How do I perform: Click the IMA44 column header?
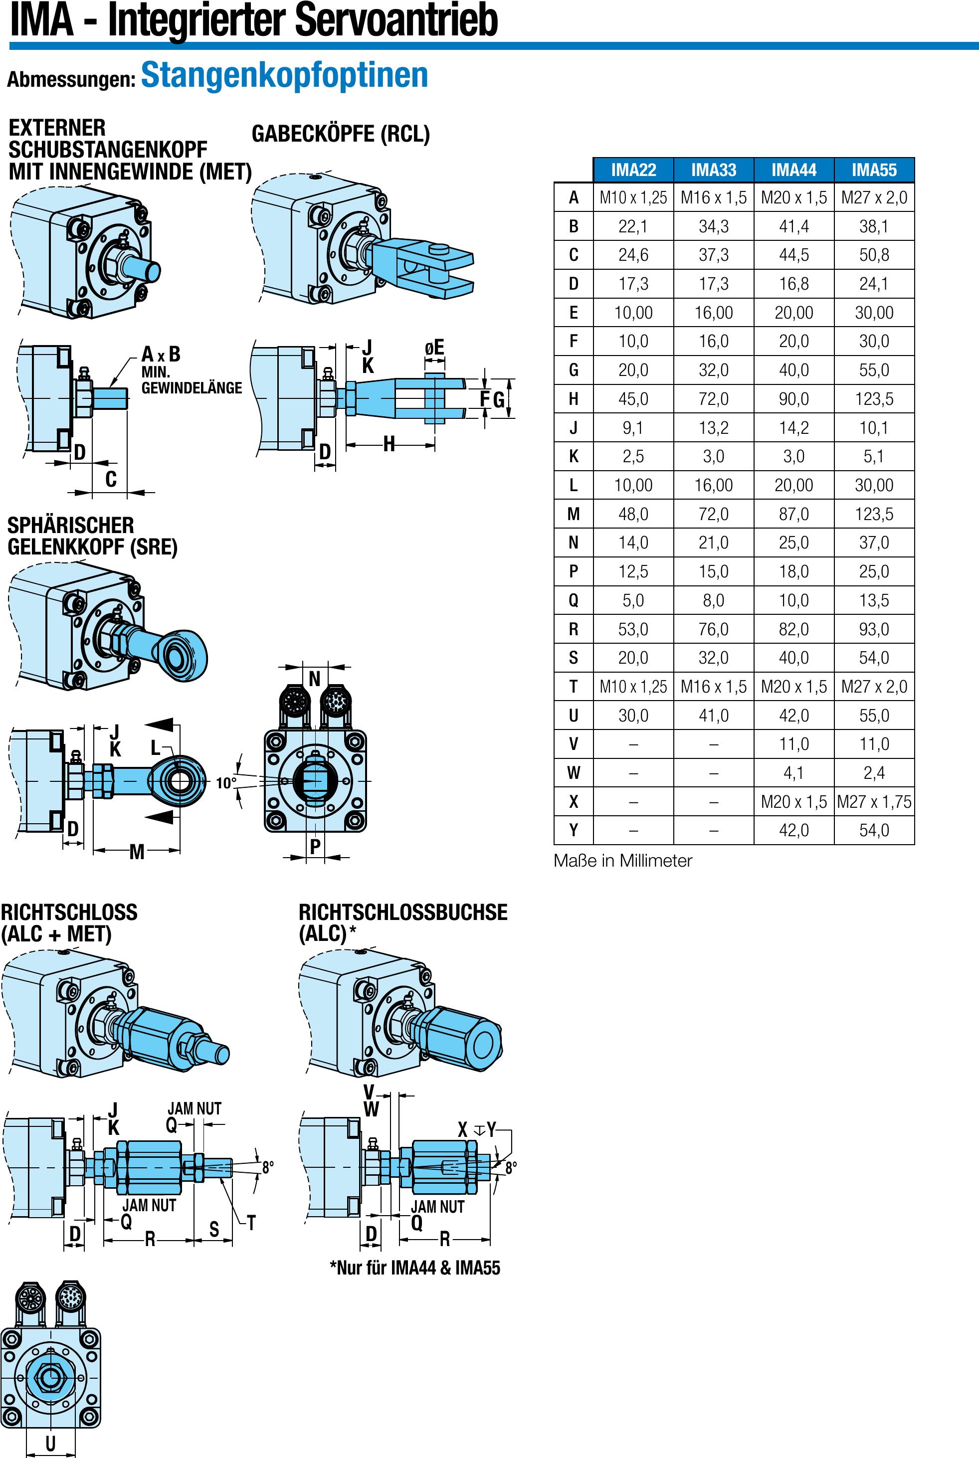(793, 170)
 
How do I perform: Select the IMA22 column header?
(633, 170)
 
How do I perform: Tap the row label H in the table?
(573, 399)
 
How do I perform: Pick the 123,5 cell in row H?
(874, 399)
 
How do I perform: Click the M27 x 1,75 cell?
(874, 801)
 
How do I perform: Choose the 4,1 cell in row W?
(793, 773)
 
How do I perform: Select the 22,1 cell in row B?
(633, 226)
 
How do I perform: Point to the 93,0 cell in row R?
(874, 629)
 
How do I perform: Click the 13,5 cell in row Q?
(874, 600)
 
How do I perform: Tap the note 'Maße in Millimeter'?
(622, 861)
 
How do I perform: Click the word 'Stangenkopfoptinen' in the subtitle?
(285, 75)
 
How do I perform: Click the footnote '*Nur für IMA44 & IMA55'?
(414, 1268)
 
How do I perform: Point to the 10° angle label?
(226, 783)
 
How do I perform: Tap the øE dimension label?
(434, 347)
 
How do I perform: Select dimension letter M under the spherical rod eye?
(137, 851)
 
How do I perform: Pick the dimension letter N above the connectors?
(315, 679)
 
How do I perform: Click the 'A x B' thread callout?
(161, 355)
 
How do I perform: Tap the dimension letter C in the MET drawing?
(111, 479)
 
